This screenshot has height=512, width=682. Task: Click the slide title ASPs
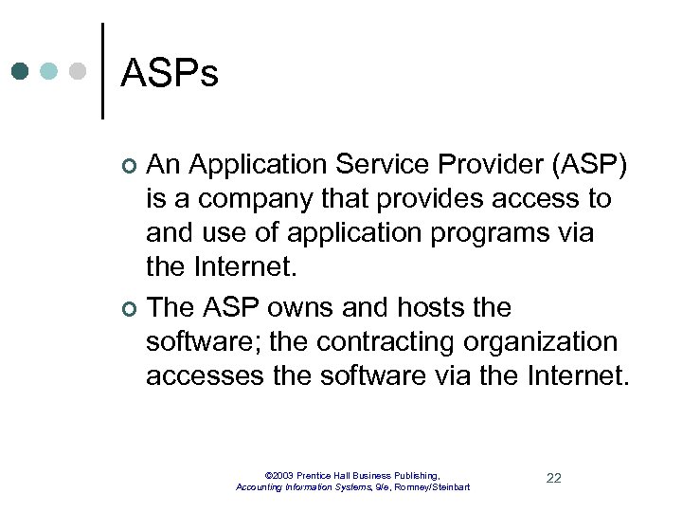pyautogui.click(x=170, y=73)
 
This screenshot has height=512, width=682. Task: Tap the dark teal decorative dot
pyautogui.click(x=21, y=72)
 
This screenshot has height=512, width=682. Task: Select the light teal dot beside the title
pyautogui.click(x=49, y=72)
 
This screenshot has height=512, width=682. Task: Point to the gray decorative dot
pyautogui.click(x=78, y=72)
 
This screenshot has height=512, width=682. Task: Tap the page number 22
pyautogui.click(x=553, y=478)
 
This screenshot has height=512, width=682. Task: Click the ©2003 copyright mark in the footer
pyautogui.click(x=279, y=474)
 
